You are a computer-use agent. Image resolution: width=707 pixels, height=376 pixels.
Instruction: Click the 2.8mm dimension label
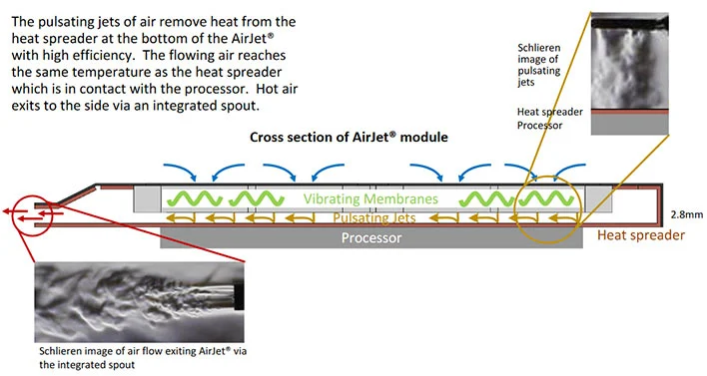click(x=687, y=214)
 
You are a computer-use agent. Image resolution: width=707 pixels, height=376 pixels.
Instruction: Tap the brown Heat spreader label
click(x=641, y=235)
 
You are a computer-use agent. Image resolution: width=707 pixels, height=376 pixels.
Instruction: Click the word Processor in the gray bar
click(x=371, y=237)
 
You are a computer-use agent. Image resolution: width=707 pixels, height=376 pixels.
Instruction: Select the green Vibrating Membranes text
click(x=370, y=198)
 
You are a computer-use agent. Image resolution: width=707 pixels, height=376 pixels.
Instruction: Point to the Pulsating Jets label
click(x=374, y=218)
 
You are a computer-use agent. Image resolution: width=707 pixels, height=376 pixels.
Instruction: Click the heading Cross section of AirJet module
click(x=349, y=137)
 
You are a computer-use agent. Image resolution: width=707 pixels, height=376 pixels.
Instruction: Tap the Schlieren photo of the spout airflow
click(x=140, y=302)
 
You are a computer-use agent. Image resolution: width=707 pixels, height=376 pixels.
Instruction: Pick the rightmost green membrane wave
click(x=546, y=198)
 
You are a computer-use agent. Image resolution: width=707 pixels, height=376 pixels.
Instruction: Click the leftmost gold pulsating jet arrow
click(x=181, y=218)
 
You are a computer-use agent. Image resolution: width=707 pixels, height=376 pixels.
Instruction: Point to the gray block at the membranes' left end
click(x=148, y=198)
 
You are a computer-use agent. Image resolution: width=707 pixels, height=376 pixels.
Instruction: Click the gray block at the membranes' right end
click(x=598, y=198)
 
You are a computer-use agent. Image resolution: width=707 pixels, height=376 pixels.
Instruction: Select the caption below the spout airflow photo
click(x=143, y=357)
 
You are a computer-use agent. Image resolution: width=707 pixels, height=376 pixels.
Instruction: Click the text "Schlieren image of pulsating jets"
click(x=539, y=65)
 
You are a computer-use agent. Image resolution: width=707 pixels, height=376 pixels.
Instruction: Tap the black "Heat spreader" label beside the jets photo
click(x=549, y=112)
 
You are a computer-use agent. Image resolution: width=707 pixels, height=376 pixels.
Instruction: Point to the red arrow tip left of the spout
click(x=4, y=210)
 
